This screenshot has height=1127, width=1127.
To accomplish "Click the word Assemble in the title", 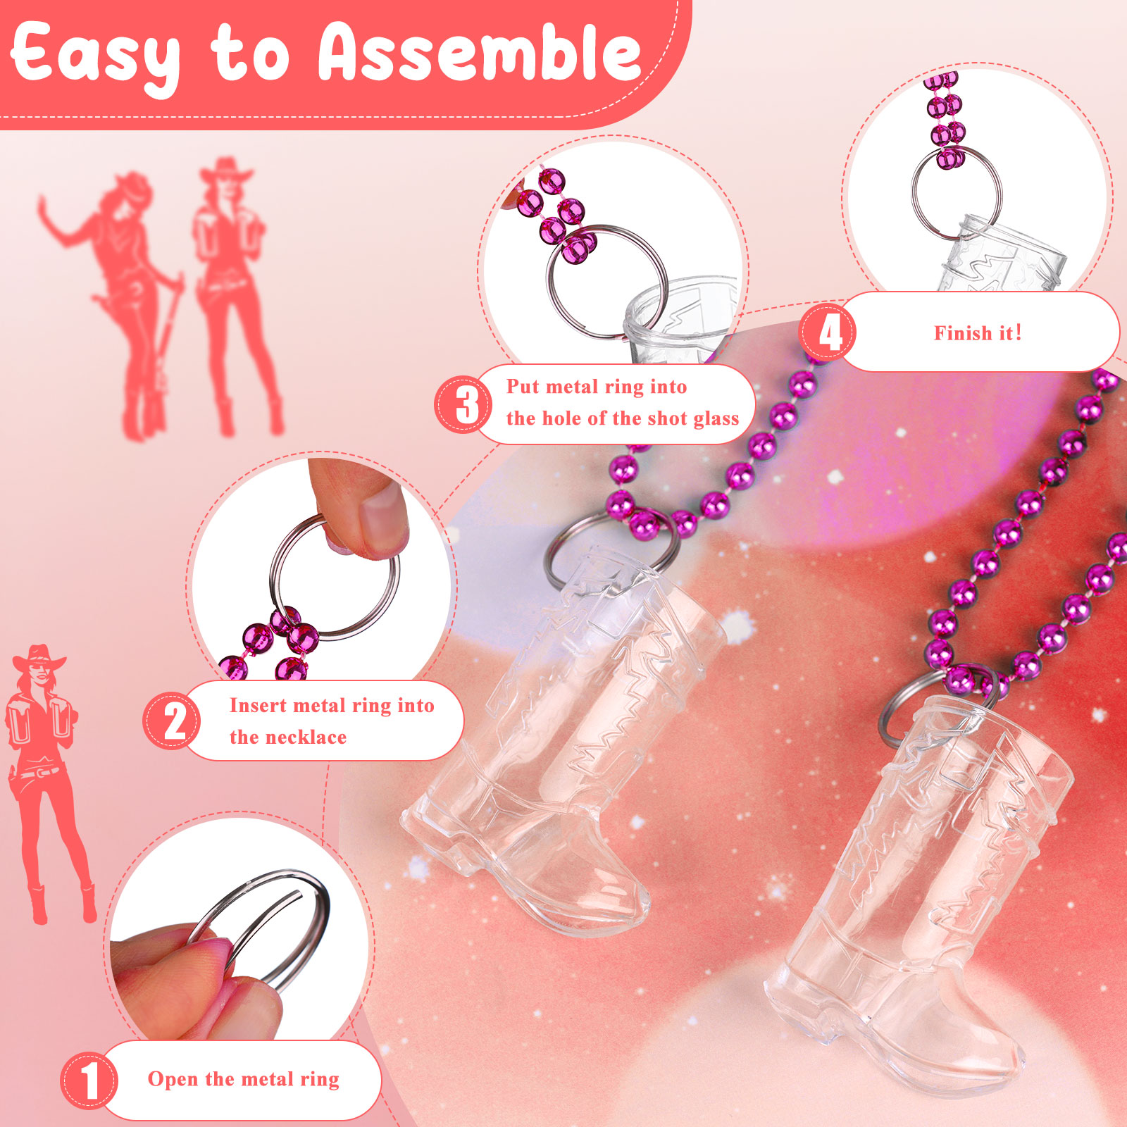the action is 480,52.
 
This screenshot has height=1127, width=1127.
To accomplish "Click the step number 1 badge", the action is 89,1081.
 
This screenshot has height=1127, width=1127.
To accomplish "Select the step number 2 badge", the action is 173,721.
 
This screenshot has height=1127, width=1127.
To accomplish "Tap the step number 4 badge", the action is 828,332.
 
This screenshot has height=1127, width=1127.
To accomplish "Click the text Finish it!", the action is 978,333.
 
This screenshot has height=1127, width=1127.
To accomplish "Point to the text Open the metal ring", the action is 244,1079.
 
